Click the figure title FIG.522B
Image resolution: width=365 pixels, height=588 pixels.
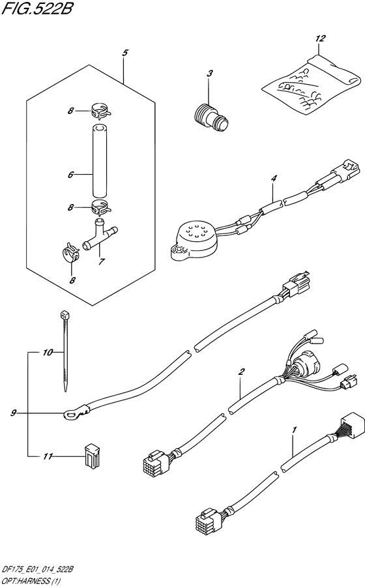[36, 8]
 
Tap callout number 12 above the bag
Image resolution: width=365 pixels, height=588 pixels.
[320, 38]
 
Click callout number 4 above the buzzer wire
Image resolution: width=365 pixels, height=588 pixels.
[274, 179]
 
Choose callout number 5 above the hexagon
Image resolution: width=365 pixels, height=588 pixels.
[125, 53]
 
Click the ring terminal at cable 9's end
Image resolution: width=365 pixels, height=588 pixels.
[72, 414]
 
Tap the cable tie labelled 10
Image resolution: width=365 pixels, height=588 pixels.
[64, 350]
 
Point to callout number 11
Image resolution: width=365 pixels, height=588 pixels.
[48, 456]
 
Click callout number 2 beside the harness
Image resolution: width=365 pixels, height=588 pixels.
[241, 372]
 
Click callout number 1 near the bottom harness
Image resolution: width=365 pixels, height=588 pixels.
[295, 429]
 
